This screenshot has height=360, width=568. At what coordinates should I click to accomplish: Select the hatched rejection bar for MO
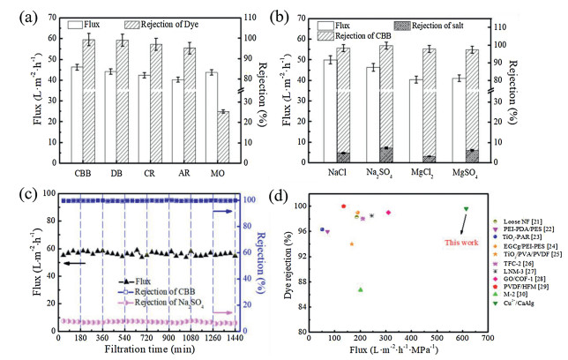(223, 137)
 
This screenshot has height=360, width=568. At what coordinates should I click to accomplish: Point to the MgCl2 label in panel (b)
(422, 173)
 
